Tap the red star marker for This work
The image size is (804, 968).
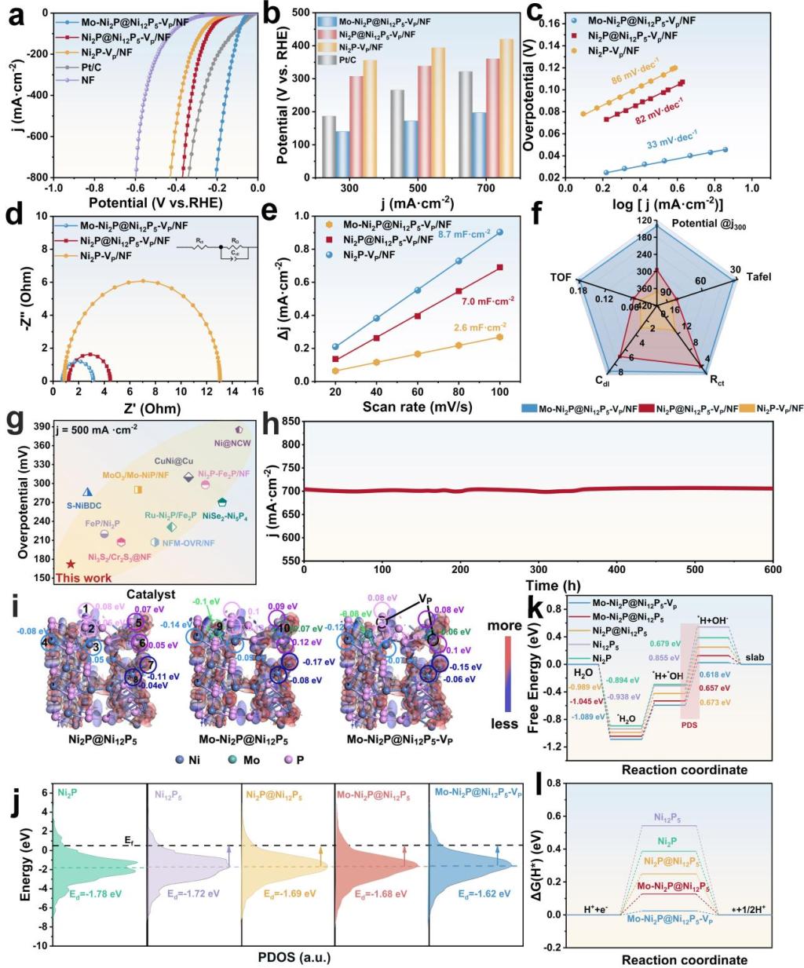pos(71,564)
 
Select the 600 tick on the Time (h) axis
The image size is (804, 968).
pos(773,568)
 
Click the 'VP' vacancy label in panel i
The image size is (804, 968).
pos(425,600)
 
